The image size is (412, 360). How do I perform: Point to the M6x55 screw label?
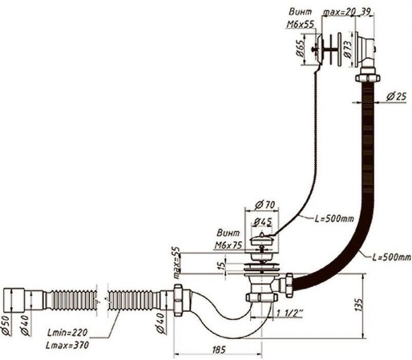click(301, 25)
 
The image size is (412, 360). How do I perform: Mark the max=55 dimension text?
click(176, 262)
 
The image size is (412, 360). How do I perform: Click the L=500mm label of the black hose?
click(391, 258)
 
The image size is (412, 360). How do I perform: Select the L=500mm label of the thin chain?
click(334, 219)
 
